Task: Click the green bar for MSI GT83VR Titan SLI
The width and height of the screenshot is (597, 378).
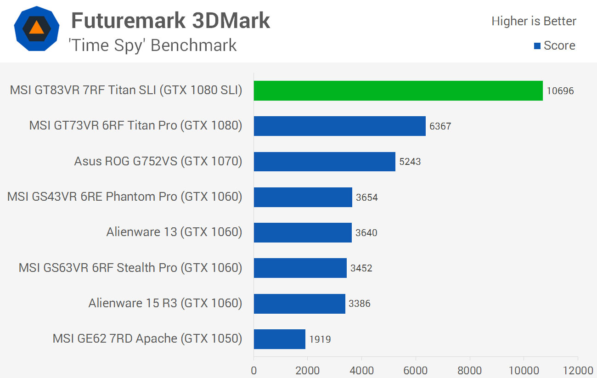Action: [x=398, y=90]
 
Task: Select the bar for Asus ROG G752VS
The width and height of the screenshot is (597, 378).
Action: [x=324, y=162]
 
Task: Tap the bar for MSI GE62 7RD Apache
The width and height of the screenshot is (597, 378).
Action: [x=279, y=339]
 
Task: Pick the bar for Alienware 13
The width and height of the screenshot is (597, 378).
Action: [x=303, y=232]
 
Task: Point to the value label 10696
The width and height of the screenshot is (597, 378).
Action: [x=560, y=91]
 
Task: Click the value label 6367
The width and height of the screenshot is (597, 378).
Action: [x=440, y=126]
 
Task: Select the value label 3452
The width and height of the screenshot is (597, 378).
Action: [x=361, y=268]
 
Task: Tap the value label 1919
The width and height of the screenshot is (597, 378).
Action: [x=320, y=339]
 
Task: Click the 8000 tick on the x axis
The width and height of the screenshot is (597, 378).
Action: [x=470, y=371]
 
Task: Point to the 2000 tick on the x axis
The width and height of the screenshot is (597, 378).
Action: [x=307, y=371]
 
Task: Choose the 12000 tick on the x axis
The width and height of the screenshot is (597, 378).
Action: [x=578, y=371]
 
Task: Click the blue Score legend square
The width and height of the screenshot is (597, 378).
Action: [x=537, y=46]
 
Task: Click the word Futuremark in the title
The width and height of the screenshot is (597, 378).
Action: [x=128, y=21]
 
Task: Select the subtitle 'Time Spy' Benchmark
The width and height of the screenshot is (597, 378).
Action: [x=152, y=45]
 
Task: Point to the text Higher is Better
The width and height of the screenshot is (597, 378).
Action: [x=534, y=21]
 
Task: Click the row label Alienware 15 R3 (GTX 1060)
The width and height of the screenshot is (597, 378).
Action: [x=165, y=303]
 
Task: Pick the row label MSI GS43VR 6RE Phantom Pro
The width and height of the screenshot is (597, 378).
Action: [x=92, y=197]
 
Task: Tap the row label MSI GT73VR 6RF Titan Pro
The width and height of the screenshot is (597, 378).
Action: [x=103, y=125]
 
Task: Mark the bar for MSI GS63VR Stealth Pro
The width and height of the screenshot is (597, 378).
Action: [x=300, y=268]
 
